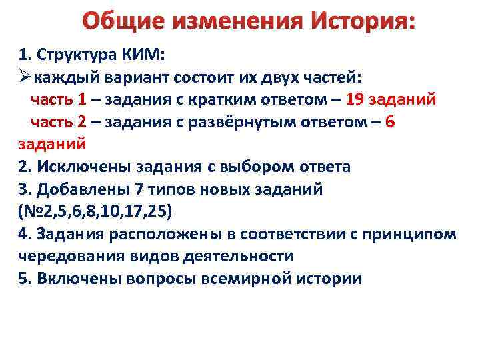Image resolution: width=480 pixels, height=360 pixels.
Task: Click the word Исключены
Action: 83,167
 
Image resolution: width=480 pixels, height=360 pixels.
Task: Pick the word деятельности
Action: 236,256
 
